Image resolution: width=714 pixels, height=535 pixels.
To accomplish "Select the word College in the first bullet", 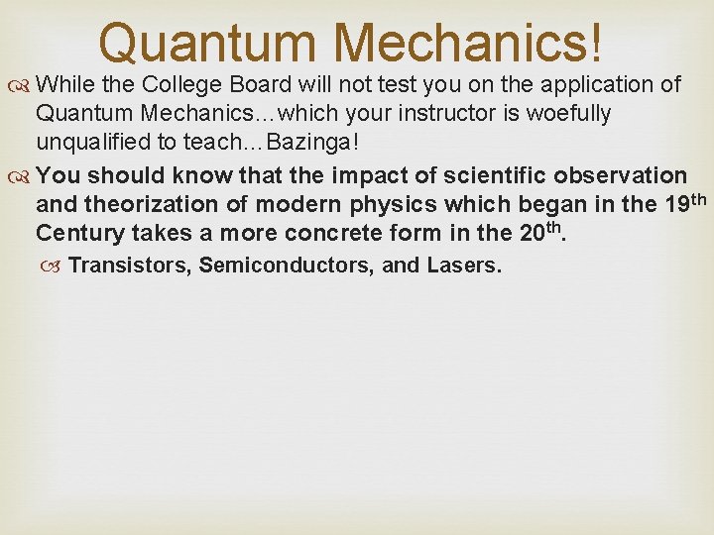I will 192,84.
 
